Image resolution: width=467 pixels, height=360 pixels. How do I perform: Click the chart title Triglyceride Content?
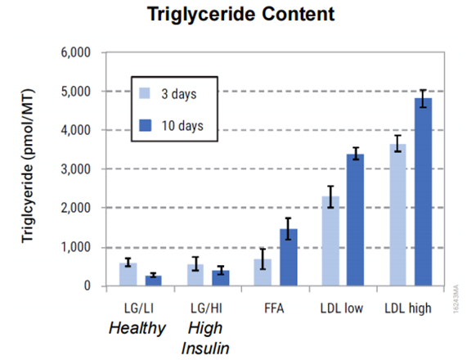pos(241,14)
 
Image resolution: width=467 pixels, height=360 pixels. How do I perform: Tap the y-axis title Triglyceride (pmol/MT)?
pos(28,166)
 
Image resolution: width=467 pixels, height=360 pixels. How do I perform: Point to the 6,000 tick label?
pos(75,52)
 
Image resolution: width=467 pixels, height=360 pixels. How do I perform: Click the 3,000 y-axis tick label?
pos(75,169)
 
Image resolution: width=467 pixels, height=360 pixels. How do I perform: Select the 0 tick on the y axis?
pos(87,286)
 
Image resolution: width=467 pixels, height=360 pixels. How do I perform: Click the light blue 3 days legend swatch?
pos(145,93)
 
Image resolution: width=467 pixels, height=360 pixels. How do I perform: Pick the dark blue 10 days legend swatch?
pos(145,125)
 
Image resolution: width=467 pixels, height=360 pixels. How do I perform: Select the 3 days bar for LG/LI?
pos(128,274)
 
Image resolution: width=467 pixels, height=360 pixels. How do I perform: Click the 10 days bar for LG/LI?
pos(154,281)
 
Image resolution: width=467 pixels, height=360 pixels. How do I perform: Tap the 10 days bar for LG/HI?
pos(221,278)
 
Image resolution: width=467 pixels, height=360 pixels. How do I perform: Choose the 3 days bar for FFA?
pos(263,272)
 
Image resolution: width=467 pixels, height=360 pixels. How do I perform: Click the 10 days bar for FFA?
pos(289,257)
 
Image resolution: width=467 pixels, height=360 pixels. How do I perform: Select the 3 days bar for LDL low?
pos(330,241)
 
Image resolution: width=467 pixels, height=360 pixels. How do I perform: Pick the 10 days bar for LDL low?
pos(355,220)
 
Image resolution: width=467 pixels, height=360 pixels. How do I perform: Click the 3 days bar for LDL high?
pos(398,215)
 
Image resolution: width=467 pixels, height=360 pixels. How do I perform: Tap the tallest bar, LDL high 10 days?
pos(423,192)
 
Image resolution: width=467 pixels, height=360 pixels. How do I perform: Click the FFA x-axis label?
pos(274,308)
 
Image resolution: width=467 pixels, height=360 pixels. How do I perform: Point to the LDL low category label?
pos(342,308)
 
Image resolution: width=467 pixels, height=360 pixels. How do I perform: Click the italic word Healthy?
pos(137,329)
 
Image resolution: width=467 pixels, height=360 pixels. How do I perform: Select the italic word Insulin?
pos(205,348)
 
